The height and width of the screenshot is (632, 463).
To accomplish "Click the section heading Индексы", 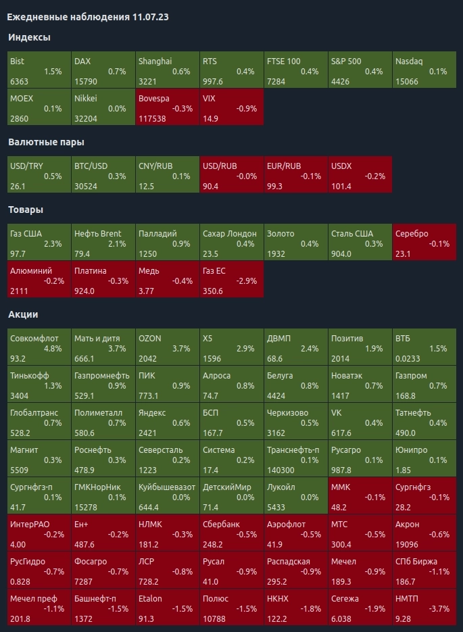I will [29, 37].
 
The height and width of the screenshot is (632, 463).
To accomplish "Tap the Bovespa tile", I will [167, 107].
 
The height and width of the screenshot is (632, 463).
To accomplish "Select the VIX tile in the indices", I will [231, 107].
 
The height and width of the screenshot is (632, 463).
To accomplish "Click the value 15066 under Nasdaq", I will [408, 82].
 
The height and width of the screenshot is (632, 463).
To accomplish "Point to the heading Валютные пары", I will [46, 142].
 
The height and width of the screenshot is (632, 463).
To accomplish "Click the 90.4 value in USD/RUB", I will [210, 187].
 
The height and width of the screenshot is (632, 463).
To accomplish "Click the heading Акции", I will [23, 314].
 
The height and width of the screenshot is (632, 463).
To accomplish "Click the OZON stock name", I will [149, 338].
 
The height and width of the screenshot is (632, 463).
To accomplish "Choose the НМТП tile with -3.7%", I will [424, 608].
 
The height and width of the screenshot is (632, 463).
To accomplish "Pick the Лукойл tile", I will [295, 497].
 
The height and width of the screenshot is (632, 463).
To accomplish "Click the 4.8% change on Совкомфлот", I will [52, 349].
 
